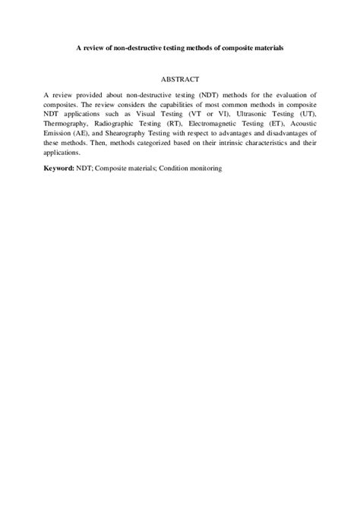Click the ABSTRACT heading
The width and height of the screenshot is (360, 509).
[180, 78]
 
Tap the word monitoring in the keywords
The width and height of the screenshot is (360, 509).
[203, 169]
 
